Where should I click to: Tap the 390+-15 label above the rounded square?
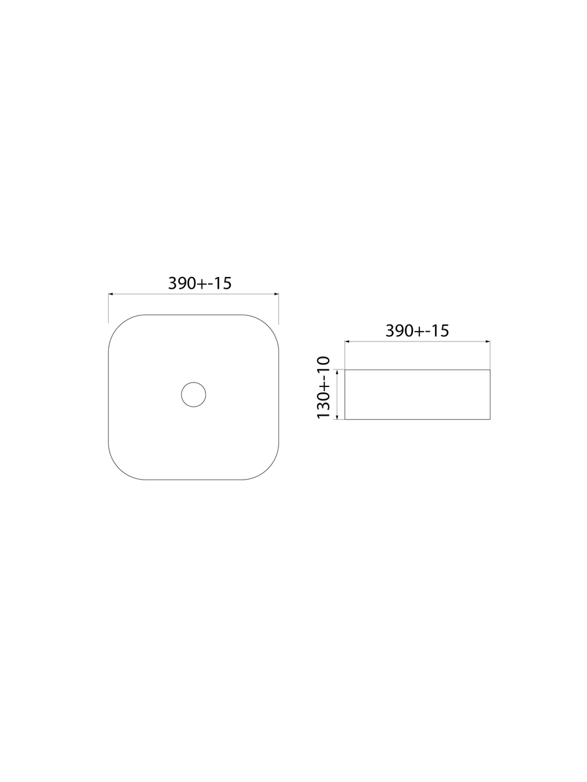click(x=200, y=283)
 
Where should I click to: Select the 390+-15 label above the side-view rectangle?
click(x=417, y=331)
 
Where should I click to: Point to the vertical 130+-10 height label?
click(x=324, y=388)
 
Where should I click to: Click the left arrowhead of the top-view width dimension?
click(x=110, y=294)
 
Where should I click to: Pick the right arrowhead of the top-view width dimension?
click(x=277, y=294)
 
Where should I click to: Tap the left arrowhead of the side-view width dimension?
click(x=347, y=341)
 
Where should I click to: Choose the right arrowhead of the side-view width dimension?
click(x=488, y=341)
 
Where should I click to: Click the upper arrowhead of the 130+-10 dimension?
click(x=337, y=372)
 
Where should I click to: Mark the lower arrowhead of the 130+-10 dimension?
click(x=337, y=417)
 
